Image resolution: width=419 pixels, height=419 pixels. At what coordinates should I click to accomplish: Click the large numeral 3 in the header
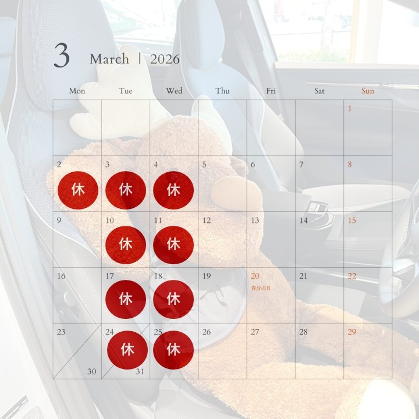[62, 55]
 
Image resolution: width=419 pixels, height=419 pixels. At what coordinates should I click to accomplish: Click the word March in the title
[109, 59]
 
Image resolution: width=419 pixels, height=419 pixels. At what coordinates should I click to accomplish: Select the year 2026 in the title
[165, 59]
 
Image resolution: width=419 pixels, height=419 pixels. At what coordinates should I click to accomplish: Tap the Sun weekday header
[368, 91]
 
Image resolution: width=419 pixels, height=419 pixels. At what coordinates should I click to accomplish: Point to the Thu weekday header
[222, 91]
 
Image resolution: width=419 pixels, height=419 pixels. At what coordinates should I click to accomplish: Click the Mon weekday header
[77, 91]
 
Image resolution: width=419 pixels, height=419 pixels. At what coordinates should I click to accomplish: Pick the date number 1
[350, 108]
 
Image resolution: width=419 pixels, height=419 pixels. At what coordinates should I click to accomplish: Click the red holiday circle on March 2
[78, 190]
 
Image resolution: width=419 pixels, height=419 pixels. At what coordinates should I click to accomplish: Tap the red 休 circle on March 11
[173, 245]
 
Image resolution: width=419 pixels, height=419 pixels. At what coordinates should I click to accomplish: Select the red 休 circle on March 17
[126, 299]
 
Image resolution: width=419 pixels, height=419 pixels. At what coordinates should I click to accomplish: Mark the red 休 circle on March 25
[173, 350]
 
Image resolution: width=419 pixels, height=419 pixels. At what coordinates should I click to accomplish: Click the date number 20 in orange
[255, 276]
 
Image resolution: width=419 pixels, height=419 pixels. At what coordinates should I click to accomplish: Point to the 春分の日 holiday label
[261, 288]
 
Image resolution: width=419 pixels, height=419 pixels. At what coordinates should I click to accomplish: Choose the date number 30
[92, 371]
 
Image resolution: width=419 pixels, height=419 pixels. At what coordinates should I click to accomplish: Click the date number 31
[140, 371]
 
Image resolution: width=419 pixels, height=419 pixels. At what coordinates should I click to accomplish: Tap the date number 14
[303, 220]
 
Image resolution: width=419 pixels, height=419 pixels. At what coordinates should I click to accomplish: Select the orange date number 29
[352, 332]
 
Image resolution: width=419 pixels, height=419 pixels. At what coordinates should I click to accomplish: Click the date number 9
[59, 220]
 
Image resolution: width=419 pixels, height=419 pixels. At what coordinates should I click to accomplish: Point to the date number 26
[207, 332]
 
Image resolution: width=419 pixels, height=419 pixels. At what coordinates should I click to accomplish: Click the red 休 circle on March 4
[173, 190]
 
